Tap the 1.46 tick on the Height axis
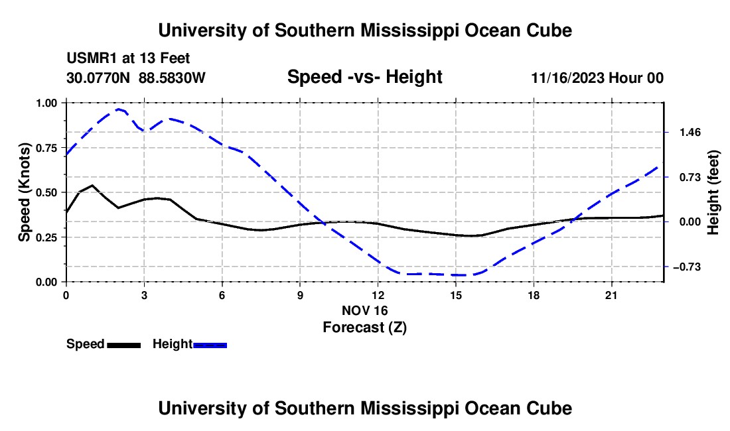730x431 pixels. click(x=690, y=133)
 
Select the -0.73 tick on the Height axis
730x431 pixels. click(x=687, y=267)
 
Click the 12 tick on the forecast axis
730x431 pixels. click(x=378, y=295)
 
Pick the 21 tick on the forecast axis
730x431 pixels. click(x=611, y=295)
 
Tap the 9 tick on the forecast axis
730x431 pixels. click(x=300, y=295)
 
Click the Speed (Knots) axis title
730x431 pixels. click(x=24, y=192)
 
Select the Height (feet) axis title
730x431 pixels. click(x=713, y=192)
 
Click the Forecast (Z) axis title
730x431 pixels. click(x=365, y=328)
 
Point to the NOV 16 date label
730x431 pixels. click(x=365, y=310)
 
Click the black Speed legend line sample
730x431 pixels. click(x=124, y=345)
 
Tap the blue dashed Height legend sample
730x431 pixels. click(x=210, y=345)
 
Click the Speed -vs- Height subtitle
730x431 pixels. click(x=365, y=77)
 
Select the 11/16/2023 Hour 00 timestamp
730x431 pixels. click(x=597, y=78)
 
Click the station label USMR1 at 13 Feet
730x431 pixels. click(x=129, y=58)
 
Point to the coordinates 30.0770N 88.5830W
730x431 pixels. click(x=136, y=78)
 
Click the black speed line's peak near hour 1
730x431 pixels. click(x=92, y=185)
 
